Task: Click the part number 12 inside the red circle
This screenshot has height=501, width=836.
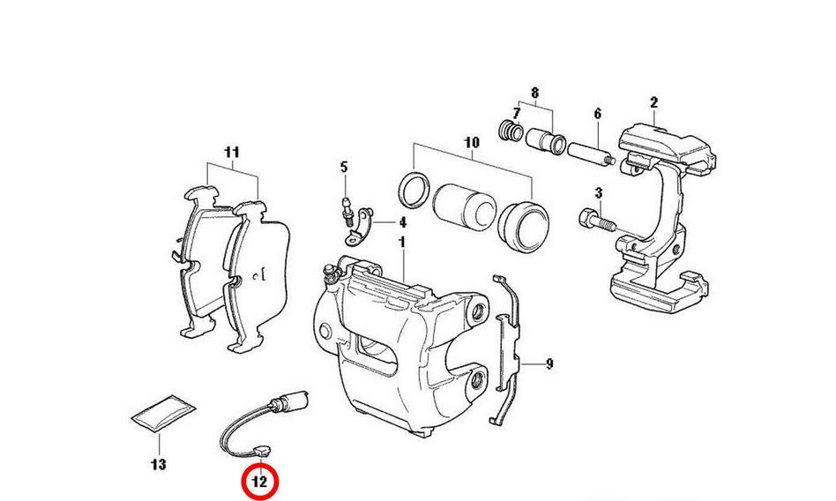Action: point(259,482)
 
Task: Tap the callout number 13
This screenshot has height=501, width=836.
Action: point(159,464)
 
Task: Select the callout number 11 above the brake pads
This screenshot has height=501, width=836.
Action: point(231,152)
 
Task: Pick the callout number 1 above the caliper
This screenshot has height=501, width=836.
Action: point(401,241)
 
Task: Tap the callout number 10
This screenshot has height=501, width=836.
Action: point(470,142)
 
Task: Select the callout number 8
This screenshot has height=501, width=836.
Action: point(534,92)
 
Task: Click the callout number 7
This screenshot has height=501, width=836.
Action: point(505,113)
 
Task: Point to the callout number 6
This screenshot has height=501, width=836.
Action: point(597,113)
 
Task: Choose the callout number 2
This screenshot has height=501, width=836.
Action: point(653,102)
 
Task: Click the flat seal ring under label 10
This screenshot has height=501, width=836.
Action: point(414,187)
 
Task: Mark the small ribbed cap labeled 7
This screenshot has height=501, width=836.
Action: point(510,131)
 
